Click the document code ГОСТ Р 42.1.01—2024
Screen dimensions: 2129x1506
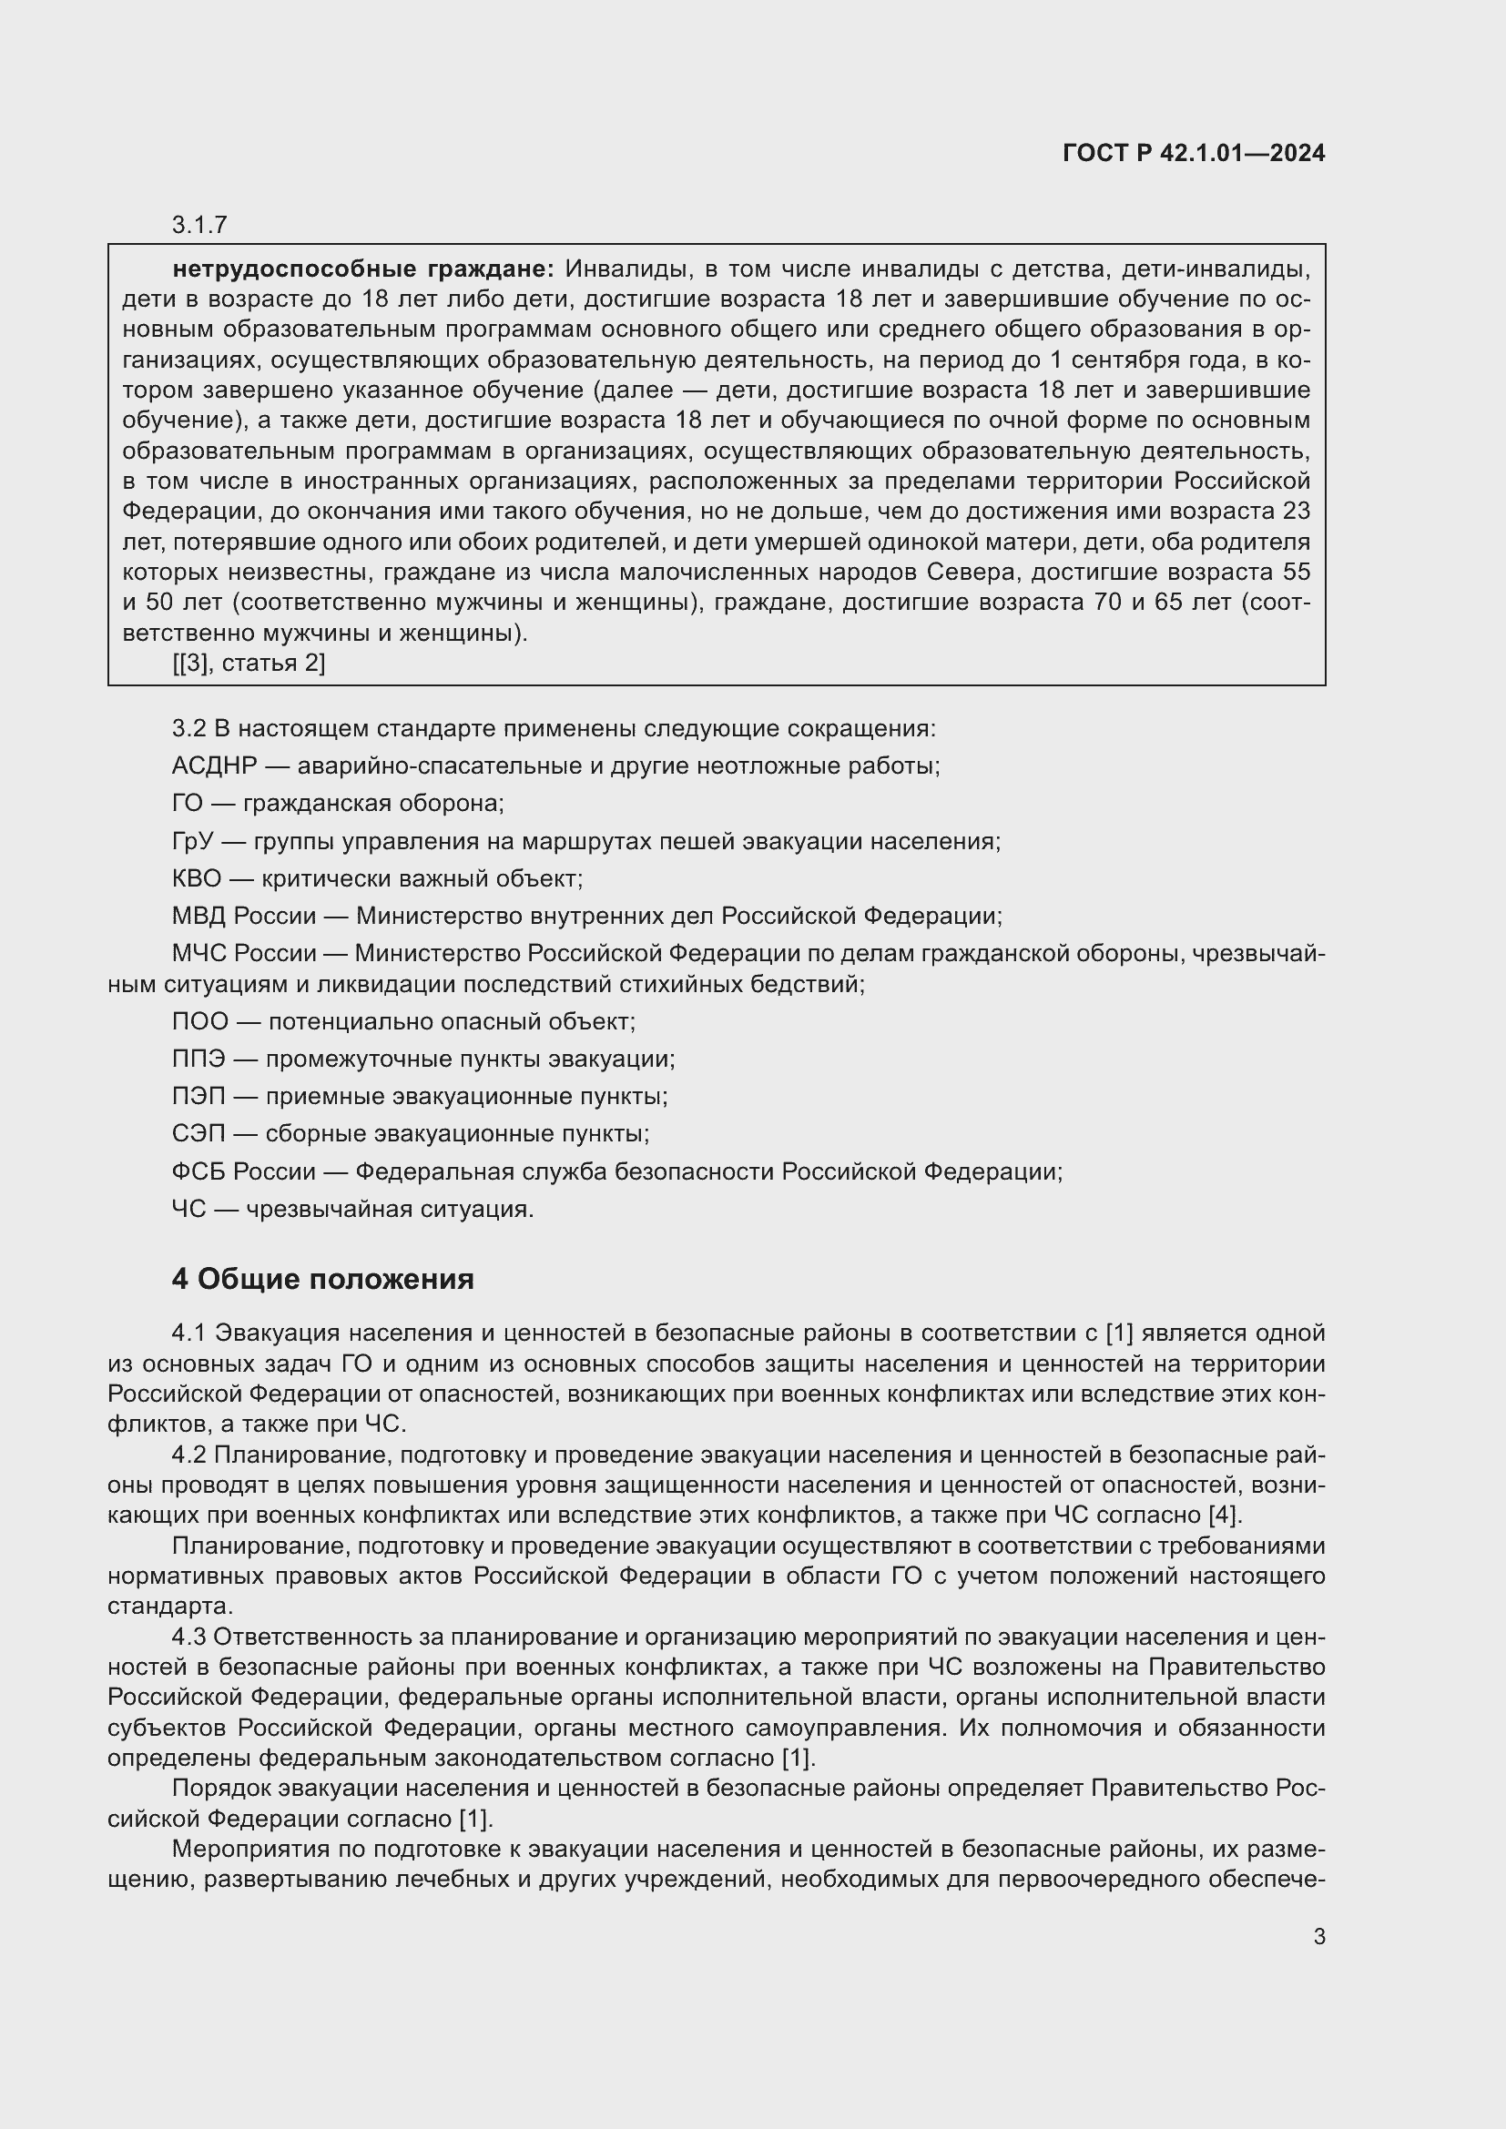pos(1194,154)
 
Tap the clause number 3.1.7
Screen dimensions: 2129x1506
pos(199,225)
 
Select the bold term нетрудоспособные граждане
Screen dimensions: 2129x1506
pos(362,269)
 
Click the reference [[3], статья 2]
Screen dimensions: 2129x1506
pos(249,663)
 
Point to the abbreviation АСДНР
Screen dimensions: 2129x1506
pos(214,765)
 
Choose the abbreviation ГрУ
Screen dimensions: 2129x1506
pos(193,841)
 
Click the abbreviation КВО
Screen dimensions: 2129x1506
pos(197,878)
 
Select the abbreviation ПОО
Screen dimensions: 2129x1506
pos(199,1021)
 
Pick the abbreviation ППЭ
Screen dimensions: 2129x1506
pos(198,1059)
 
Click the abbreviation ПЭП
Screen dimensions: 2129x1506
pos(198,1096)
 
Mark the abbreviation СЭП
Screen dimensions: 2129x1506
pos(198,1134)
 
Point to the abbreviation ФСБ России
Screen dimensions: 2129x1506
pos(244,1172)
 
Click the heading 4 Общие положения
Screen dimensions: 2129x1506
pos(322,1280)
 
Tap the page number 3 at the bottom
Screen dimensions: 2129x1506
pos(1318,1937)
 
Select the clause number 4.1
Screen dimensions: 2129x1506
pos(189,1333)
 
